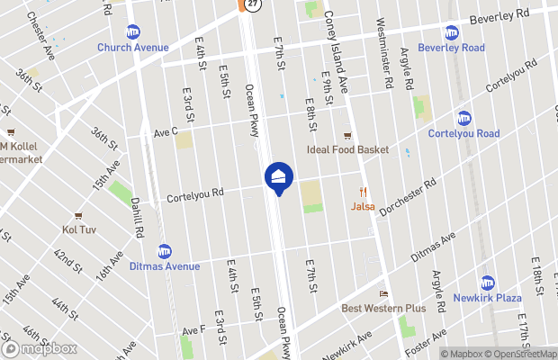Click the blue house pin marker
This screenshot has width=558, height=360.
(x=278, y=176)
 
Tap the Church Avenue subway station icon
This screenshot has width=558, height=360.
(x=133, y=32)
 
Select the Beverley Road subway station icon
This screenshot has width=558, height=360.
(x=451, y=32)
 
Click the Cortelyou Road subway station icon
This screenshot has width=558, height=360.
(x=464, y=118)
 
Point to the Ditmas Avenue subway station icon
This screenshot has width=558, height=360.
(x=165, y=251)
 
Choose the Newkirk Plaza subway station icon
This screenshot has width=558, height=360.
(x=488, y=283)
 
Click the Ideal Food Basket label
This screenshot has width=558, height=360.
(x=347, y=149)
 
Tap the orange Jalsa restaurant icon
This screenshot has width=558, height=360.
(x=364, y=191)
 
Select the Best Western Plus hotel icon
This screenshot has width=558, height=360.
(x=383, y=293)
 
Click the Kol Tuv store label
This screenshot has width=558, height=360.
(x=79, y=229)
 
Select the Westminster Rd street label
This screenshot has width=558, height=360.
(x=384, y=53)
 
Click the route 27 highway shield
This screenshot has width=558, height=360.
(x=253, y=4)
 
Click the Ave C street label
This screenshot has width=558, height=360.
(x=166, y=131)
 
